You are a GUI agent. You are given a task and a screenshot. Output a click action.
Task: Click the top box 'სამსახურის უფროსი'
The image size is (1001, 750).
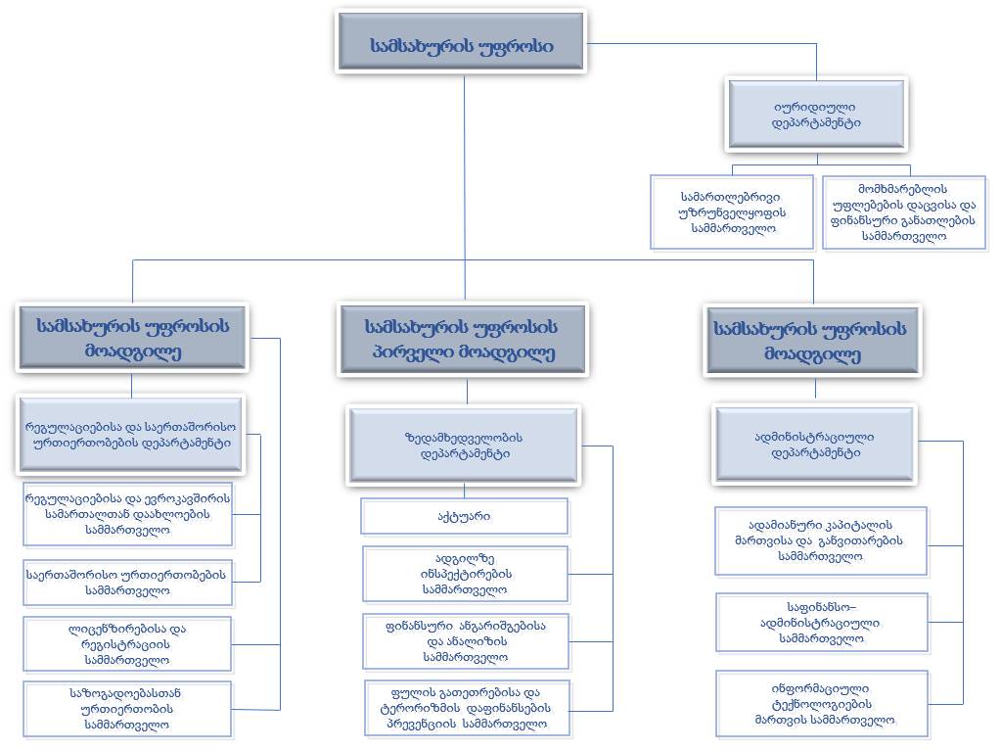point(461,45)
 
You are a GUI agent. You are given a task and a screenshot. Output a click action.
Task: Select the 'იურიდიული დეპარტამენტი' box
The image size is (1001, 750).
point(816,114)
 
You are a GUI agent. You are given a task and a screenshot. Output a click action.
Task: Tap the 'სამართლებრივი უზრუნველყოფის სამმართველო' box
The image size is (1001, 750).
point(732,211)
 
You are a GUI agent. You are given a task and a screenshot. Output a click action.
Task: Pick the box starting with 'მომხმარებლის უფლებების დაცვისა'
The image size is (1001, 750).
point(904,211)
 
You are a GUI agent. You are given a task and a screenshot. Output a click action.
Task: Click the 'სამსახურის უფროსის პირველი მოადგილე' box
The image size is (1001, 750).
point(462,339)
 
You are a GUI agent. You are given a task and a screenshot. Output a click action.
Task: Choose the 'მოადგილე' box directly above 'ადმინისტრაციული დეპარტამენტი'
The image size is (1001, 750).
point(812,339)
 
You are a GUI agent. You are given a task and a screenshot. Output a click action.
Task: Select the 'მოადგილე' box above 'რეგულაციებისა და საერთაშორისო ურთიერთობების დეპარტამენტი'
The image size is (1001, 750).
point(132,339)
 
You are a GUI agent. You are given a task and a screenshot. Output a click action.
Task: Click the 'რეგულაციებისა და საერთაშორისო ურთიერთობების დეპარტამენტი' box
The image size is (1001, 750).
point(131,434)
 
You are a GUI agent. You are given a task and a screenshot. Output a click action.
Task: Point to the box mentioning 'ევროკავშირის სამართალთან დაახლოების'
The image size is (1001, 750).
point(128,513)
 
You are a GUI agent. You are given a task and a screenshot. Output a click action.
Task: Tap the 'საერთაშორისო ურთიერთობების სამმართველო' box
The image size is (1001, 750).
point(127,582)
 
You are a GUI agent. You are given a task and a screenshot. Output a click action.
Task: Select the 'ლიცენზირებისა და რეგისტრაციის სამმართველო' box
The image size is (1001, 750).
point(127,644)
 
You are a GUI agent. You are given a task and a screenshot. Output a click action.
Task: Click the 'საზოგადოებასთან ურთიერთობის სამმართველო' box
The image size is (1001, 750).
point(127,709)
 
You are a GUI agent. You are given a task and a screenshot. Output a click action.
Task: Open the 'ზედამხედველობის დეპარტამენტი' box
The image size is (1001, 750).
point(464,445)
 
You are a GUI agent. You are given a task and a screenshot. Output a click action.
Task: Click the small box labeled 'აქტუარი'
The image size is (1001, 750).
point(464,516)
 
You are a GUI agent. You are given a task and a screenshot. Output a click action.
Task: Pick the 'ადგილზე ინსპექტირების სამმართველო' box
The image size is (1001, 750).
point(466,574)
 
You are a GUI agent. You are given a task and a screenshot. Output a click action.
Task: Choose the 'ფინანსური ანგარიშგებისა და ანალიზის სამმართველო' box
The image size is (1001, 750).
point(466,640)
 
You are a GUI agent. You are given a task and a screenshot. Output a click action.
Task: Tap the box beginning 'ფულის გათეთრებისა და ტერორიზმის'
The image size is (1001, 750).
point(466,707)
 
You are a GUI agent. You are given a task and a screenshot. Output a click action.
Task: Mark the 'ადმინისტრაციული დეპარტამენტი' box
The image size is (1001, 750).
point(816,445)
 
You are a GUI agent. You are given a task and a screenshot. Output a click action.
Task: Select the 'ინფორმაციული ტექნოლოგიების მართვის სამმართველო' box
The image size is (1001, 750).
point(822,704)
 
